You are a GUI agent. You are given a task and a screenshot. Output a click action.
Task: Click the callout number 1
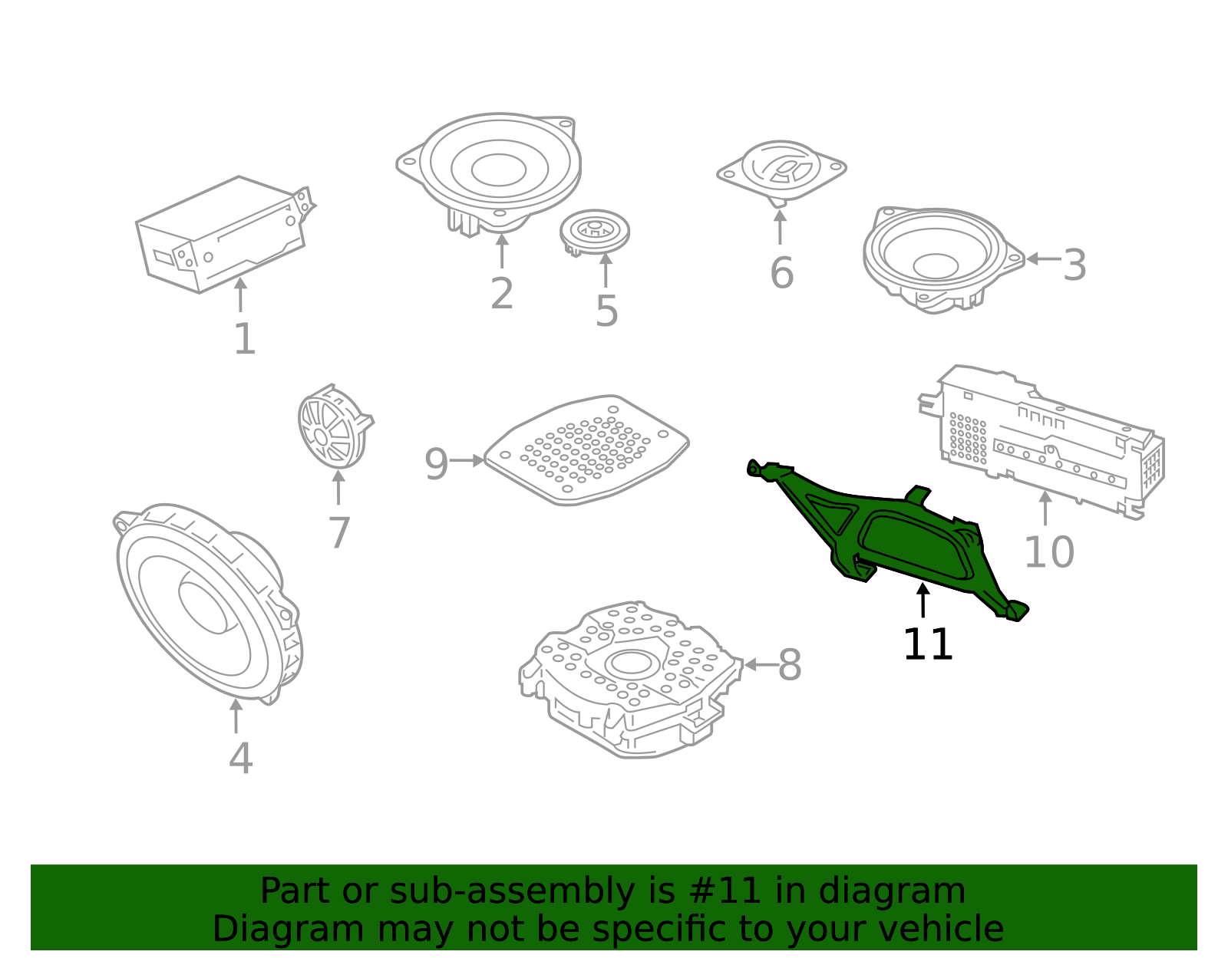pos(245,339)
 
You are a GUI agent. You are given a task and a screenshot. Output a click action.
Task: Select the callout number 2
pos(502,294)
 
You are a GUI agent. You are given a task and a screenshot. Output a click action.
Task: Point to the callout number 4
pos(240,758)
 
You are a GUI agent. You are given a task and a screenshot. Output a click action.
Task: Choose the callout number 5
pos(607,311)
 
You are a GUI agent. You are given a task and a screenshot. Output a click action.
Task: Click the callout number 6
pos(781,272)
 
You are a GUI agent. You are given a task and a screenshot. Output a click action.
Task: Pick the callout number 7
pos(339,532)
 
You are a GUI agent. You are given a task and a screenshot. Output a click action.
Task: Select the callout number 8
pos(790,664)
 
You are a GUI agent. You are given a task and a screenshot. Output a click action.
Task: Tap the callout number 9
pos(436,464)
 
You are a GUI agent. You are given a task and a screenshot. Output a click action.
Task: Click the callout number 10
pos(1049,551)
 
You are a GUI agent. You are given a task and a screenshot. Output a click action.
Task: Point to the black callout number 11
pos(928,644)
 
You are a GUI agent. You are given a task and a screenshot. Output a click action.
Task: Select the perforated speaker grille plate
pos(586,450)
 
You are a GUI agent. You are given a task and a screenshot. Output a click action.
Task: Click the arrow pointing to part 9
pos(467,461)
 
